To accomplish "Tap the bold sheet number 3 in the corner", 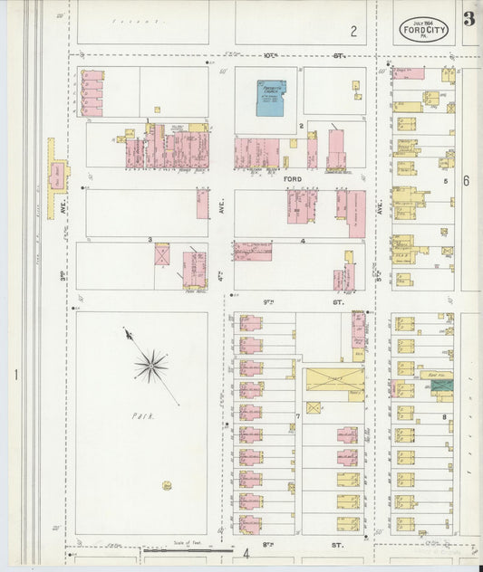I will click(469, 19).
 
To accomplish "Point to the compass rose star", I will click(150, 366).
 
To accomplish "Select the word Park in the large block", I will click(142, 416).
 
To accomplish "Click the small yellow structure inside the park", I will click(167, 485).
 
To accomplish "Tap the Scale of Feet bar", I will click(190, 549).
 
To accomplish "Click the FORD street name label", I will click(292, 179).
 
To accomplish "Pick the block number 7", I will click(297, 416).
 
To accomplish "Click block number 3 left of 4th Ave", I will click(150, 239).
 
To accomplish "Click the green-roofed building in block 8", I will click(441, 386).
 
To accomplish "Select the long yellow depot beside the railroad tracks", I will click(57, 167).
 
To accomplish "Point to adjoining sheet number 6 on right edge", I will click(467, 181).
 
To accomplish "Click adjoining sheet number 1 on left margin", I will click(15, 373).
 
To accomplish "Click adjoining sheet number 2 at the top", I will click(353, 32).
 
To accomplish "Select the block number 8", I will click(445, 416).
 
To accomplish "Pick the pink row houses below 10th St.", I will click(92, 93).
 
